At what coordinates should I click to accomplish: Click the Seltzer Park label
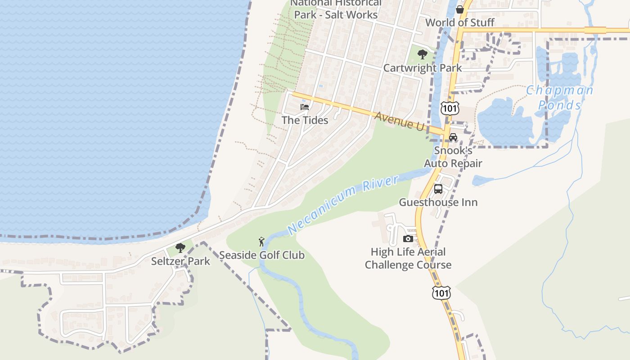click(x=180, y=261)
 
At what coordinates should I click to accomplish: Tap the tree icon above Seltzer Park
click(x=180, y=247)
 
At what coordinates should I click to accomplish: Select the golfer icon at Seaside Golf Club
click(x=261, y=242)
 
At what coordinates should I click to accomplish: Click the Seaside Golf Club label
click(x=261, y=255)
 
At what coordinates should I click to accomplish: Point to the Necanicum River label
click(x=343, y=205)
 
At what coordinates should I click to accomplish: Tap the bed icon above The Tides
click(x=305, y=107)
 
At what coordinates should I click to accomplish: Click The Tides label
click(x=305, y=120)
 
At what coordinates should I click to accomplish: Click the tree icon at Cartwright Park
click(x=422, y=54)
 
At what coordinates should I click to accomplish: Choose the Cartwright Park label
click(x=422, y=68)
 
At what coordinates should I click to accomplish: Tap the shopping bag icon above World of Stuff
click(x=460, y=9)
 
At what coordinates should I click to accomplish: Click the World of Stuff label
click(x=460, y=22)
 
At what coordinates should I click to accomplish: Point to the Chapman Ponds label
click(x=560, y=98)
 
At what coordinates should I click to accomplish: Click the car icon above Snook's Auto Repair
click(x=453, y=137)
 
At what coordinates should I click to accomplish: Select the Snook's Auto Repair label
click(x=453, y=157)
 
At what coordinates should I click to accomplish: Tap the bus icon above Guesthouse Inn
click(x=438, y=189)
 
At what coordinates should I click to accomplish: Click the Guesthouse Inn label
click(x=438, y=202)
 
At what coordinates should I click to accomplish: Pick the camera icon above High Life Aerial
click(x=408, y=238)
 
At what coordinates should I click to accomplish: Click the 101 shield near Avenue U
click(x=450, y=108)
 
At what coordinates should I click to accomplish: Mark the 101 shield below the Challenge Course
click(x=441, y=292)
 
